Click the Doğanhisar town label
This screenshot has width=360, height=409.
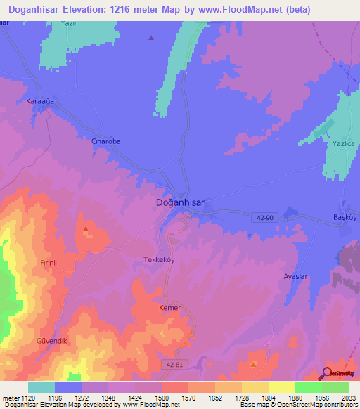179,202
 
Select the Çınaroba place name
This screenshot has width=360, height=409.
106,141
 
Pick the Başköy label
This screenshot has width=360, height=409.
345,218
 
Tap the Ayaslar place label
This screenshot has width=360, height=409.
296,277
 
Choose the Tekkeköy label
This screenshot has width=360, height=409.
158,259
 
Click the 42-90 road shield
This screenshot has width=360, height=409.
263,219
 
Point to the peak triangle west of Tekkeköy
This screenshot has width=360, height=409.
86,228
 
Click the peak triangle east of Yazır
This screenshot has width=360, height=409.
150,38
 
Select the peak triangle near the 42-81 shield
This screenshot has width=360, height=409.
253,364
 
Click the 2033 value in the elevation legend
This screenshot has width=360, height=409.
348,398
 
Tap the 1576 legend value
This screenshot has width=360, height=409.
188,398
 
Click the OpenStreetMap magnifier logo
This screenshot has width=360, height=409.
326,374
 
